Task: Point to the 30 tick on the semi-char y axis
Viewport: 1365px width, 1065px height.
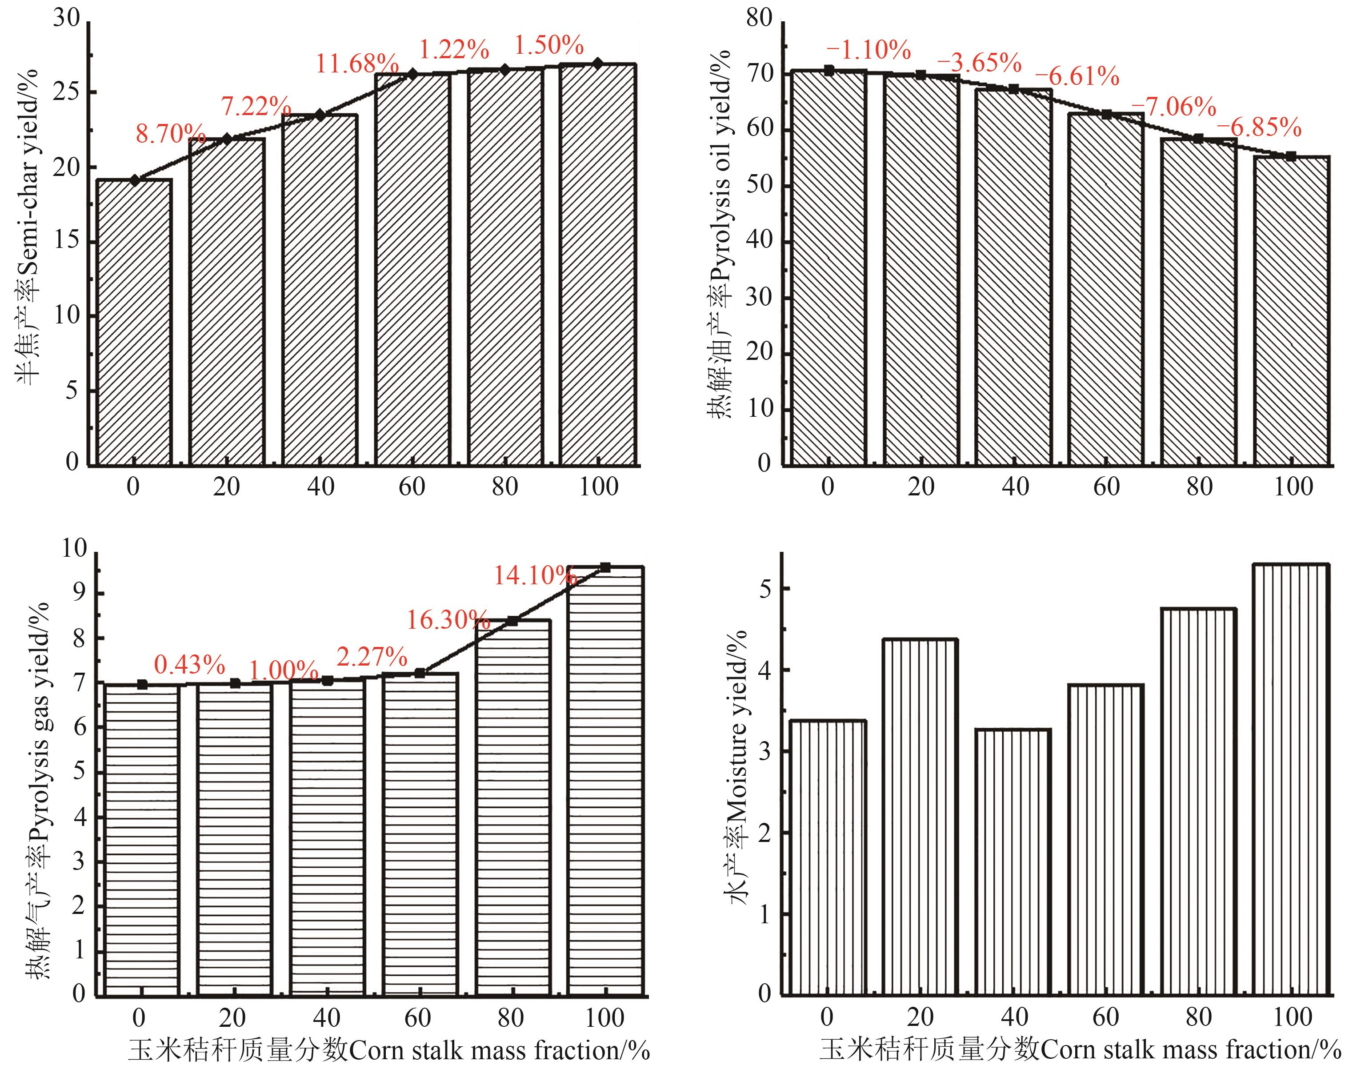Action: (66, 19)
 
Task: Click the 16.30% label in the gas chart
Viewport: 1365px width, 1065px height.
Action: (448, 620)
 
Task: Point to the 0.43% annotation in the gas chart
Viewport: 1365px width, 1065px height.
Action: (189, 665)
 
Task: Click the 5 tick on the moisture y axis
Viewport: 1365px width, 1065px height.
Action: (765, 589)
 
